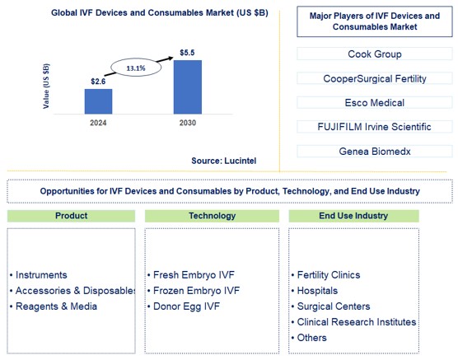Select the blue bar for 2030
coord(187,86)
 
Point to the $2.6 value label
coord(98,80)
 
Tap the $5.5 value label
coord(187,53)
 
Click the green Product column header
coord(72,215)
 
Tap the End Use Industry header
coord(353,215)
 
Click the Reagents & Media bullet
coord(55,306)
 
